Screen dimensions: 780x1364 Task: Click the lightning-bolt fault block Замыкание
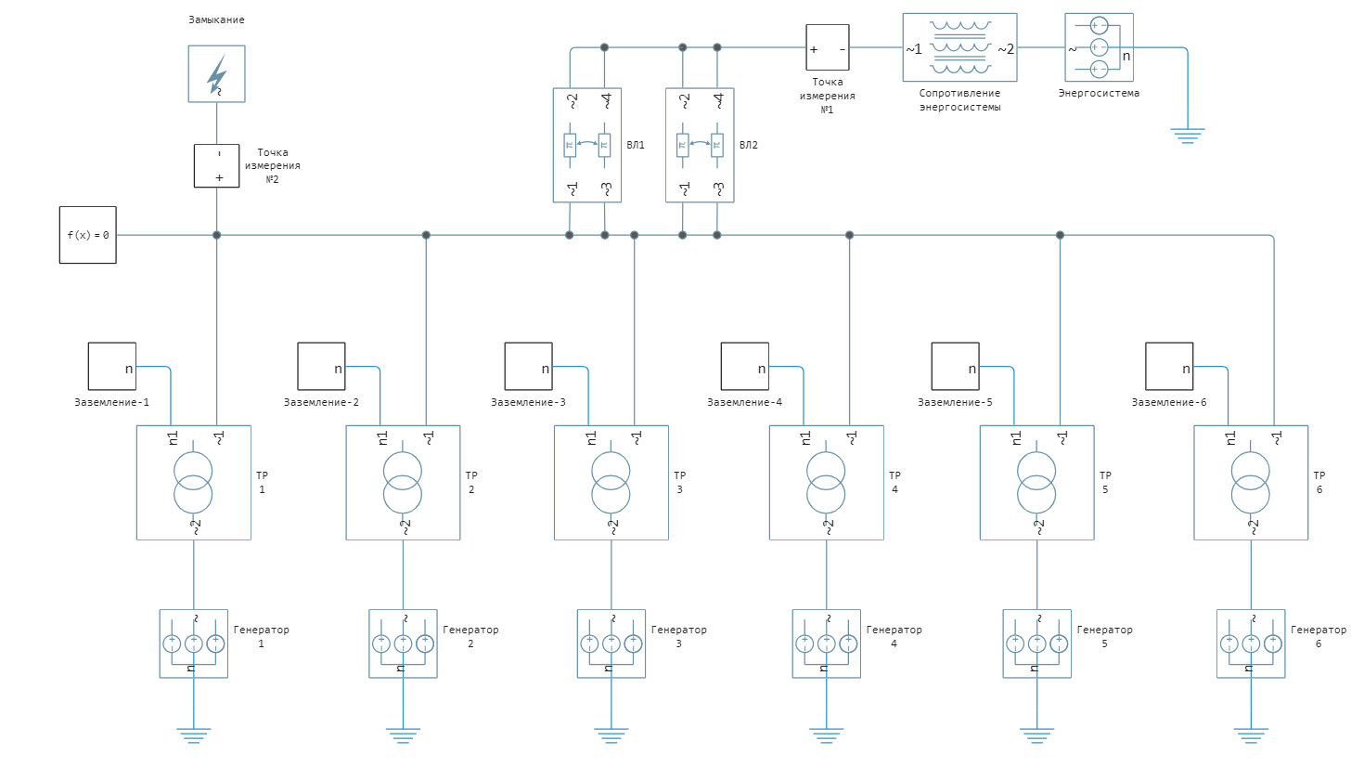coord(216,74)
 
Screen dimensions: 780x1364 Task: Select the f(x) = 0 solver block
coord(88,235)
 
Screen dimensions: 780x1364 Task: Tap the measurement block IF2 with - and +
coord(216,165)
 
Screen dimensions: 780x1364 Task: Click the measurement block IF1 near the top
coord(827,47)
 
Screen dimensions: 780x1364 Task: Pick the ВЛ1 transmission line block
coord(587,145)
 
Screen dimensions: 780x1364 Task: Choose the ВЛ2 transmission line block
coord(700,145)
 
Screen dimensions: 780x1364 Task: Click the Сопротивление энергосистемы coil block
coord(959,48)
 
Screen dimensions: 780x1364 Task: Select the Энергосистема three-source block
coord(1099,47)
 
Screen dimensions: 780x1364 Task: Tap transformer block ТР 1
coord(193,482)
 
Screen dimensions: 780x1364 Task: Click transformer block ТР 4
coord(826,482)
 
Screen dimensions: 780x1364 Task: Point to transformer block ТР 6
coord(1250,482)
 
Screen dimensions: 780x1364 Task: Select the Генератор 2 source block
coord(403,643)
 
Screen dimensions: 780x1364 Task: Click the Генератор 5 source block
coord(1036,643)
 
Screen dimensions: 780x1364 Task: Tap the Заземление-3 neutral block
coord(528,366)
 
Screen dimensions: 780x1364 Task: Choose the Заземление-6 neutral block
coord(1169,366)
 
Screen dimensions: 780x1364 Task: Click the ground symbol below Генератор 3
coord(611,736)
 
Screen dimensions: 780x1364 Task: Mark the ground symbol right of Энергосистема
coord(1187,136)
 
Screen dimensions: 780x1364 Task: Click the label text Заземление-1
coord(111,403)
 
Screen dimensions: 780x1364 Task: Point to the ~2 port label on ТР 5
coord(1038,527)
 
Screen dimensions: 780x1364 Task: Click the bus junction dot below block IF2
coord(216,235)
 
